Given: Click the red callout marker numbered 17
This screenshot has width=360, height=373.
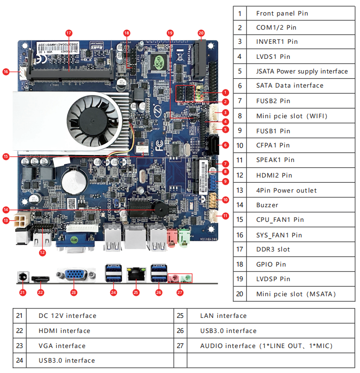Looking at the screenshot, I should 68,33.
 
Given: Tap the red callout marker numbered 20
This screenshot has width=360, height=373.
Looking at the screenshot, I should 201,33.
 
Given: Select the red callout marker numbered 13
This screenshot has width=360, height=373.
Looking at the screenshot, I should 6,220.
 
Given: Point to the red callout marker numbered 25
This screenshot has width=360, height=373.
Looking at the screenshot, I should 136,292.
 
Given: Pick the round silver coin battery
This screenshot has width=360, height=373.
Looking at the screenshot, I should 75,179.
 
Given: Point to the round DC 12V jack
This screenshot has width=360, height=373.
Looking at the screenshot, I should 22,277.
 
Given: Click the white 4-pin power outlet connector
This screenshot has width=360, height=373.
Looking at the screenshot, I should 21,220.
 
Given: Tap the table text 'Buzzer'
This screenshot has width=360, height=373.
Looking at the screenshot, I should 267,205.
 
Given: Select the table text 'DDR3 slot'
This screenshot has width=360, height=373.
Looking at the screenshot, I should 273,249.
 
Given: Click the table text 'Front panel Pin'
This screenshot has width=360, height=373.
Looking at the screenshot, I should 282,13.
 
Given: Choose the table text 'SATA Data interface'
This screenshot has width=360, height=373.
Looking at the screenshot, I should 289,85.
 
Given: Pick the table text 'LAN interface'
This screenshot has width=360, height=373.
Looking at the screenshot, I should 223,316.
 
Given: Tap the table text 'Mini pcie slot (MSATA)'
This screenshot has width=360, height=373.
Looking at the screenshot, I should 295,294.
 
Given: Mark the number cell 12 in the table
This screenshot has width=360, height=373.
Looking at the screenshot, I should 240,175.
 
